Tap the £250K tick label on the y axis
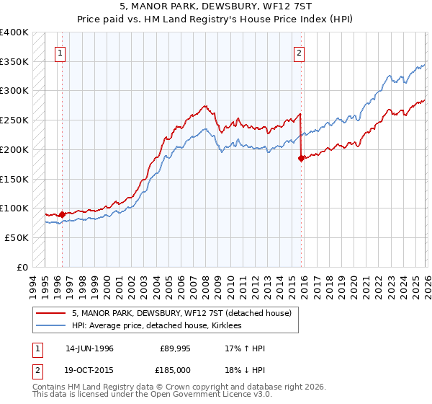coord(14,120)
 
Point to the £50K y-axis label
coord(17,237)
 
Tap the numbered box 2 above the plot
coord(298,52)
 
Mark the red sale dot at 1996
coord(63,214)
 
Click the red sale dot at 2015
coord(301,158)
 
